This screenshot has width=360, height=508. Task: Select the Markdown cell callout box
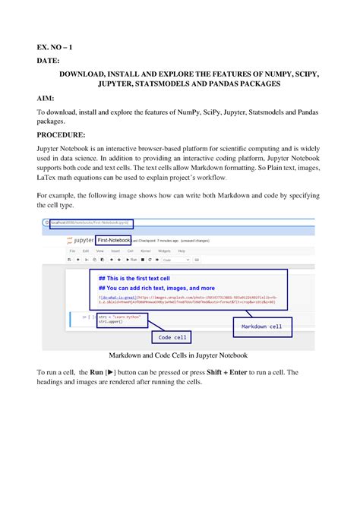click(261, 327)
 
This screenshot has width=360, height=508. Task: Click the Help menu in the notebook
click(181, 250)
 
